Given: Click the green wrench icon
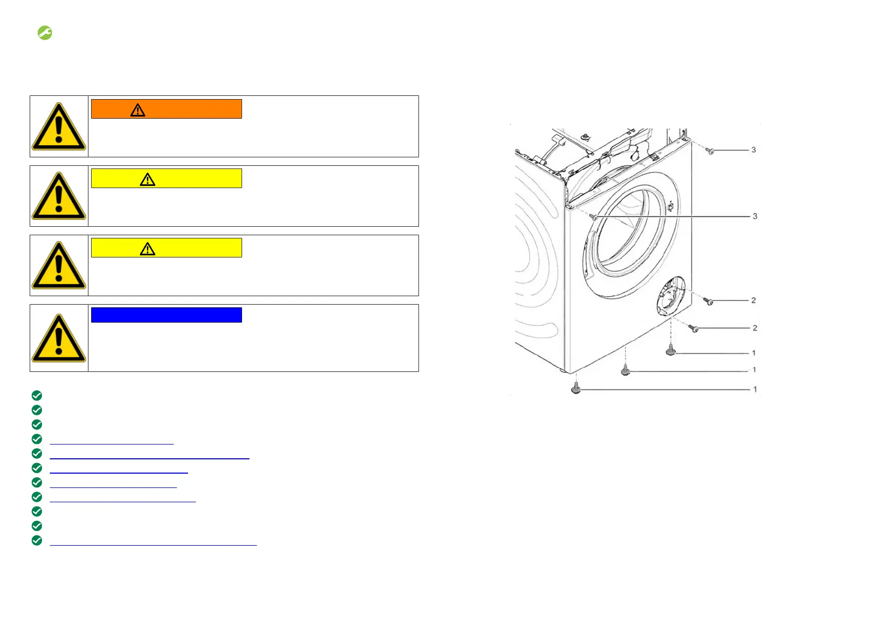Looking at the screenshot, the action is [x=45, y=33].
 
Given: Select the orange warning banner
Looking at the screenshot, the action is [x=166, y=109].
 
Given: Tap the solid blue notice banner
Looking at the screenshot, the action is [x=166, y=315].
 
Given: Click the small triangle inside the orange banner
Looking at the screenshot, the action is [x=138, y=110].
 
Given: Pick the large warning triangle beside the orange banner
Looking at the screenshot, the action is [x=59, y=127].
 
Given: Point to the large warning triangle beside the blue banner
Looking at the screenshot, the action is [x=59, y=338].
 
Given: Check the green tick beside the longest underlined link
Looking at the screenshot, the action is [x=37, y=540].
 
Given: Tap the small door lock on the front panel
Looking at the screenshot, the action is [x=670, y=206].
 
